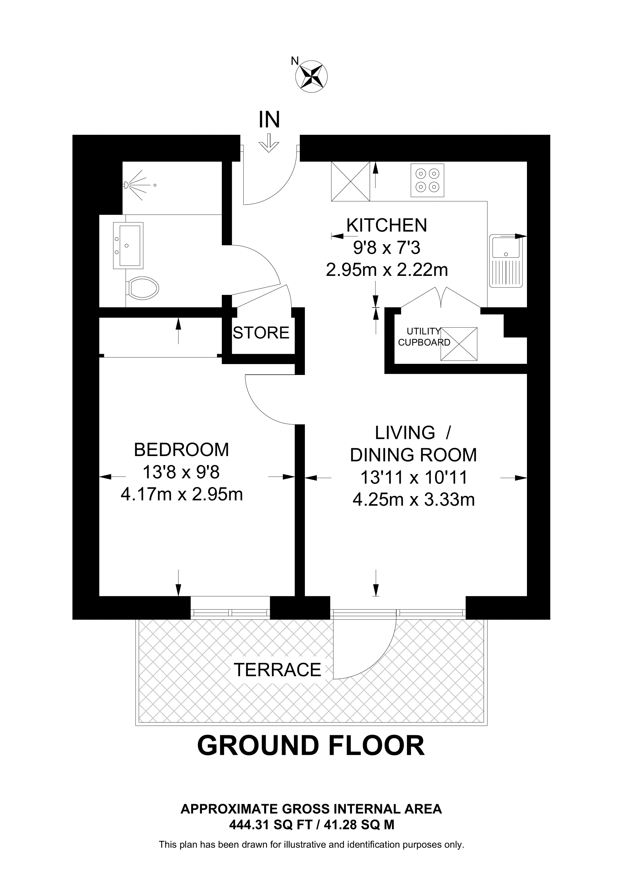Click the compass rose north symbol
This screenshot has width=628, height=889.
click(x=311, y=76)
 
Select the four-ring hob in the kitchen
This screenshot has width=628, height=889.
click(x=427, y=180)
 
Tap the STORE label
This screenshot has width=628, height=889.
click(x=261, y=333)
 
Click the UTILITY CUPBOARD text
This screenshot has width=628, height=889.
click(x=424, y=337)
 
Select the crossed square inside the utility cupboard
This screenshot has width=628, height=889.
click(x=459, y=344)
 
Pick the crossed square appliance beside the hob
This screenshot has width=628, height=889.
click(x=350, y=181)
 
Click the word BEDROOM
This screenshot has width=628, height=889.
click(x=182, y=450)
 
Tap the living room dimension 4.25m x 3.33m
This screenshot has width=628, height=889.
click(x=413, y=500)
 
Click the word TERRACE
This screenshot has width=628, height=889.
click(x=277, y=670)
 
